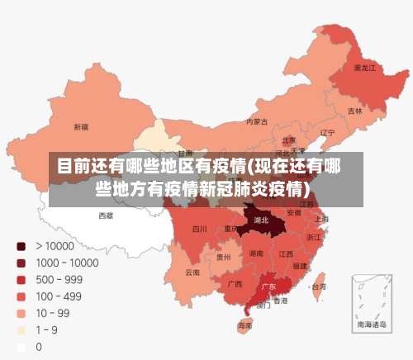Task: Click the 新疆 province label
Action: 81,127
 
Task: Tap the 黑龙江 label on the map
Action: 364,67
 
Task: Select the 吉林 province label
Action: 355,111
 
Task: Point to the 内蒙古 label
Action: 257,121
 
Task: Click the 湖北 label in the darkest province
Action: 262,220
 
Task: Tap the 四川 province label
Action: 200,229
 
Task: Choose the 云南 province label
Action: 192,272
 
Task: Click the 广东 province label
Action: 268,287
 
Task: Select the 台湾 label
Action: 318,287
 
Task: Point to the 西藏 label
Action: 106,216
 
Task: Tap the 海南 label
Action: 245,325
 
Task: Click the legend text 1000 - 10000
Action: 66,263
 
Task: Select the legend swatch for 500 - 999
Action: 20,279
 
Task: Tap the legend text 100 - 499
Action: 58,296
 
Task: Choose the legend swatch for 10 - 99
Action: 20,313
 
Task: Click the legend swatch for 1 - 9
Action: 20,330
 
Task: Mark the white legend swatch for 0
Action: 20,347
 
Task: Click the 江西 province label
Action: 286,253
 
